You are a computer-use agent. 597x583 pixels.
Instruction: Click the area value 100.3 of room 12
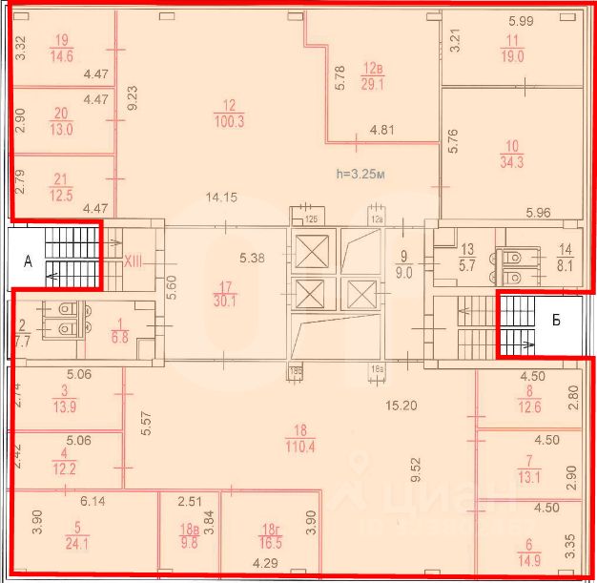(x=229, y=121)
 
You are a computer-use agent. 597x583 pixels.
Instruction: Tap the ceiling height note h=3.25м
(x=363, y=175)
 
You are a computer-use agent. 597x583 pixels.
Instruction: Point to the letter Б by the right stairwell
(x=557, y=320)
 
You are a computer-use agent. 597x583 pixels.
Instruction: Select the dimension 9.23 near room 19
(x=133, y=99)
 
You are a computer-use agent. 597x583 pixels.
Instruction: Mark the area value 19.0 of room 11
(x=513, y=56)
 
